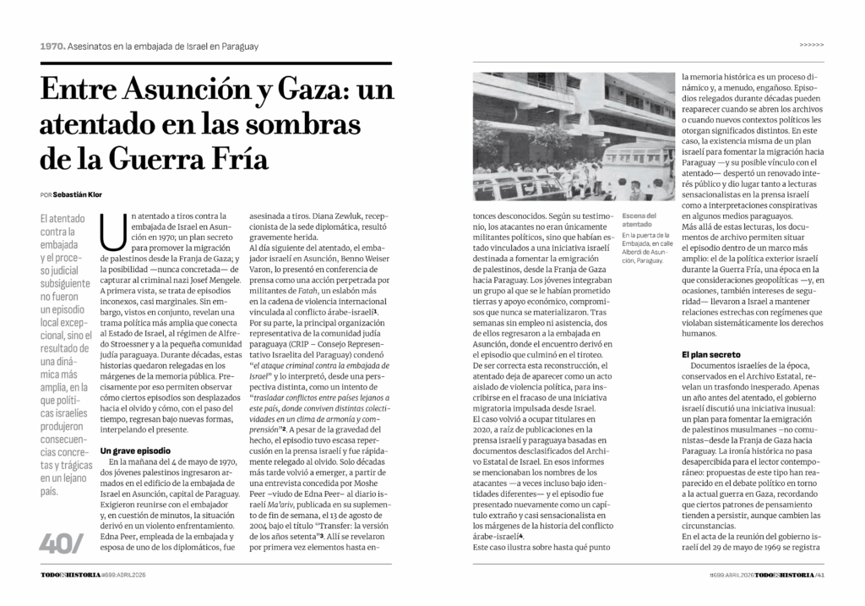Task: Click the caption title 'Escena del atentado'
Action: (640, 219)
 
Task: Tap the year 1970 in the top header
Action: (52, 46)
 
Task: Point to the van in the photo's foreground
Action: (507, 184)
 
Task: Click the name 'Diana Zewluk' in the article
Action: (329, 216)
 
